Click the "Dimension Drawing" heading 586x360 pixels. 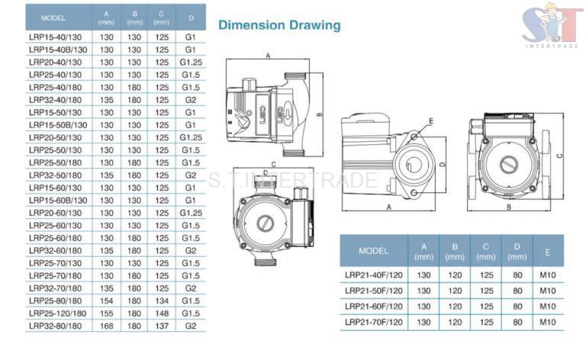click(279, 25)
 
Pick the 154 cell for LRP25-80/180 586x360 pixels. click(107, 301)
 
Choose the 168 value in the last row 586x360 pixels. click(107, 326)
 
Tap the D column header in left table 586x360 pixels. click(191, 16)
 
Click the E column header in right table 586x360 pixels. click(547, 250)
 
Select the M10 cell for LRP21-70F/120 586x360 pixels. click(547, 322)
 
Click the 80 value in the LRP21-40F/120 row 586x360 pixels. click(517, 274)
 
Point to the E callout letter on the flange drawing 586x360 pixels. click(430, 121)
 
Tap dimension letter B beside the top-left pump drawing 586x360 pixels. click(320, 116)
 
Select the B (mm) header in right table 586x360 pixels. click(455, 250)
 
